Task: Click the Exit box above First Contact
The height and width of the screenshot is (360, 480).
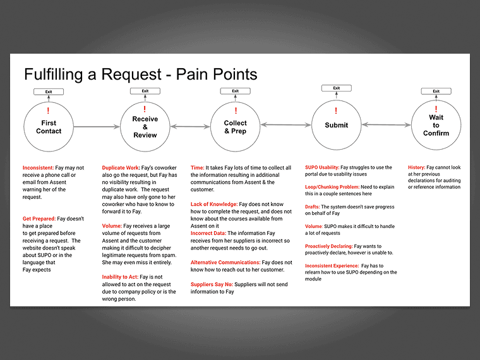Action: click(x=49, y=92)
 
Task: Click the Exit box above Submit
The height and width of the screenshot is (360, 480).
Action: click(x=336, y=88)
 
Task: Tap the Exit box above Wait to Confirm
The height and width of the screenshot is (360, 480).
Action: click(x=436, y=92)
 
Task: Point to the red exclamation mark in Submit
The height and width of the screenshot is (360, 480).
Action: click(x=336, y=111)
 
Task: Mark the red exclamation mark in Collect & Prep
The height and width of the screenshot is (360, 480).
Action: click(x=236, y=111)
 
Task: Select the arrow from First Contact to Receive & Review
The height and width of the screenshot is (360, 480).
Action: click(x=97, y=127)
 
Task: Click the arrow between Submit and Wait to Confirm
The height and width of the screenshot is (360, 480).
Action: click(x=386, y=125)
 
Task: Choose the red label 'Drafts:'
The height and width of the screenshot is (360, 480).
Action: click(x=312, y=207)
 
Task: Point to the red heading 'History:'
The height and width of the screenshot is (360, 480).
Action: click(x=416, y=168)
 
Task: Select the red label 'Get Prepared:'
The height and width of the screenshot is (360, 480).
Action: click(x=42, y=218)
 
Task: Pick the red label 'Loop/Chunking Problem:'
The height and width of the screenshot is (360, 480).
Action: click(x=332, y=187)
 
